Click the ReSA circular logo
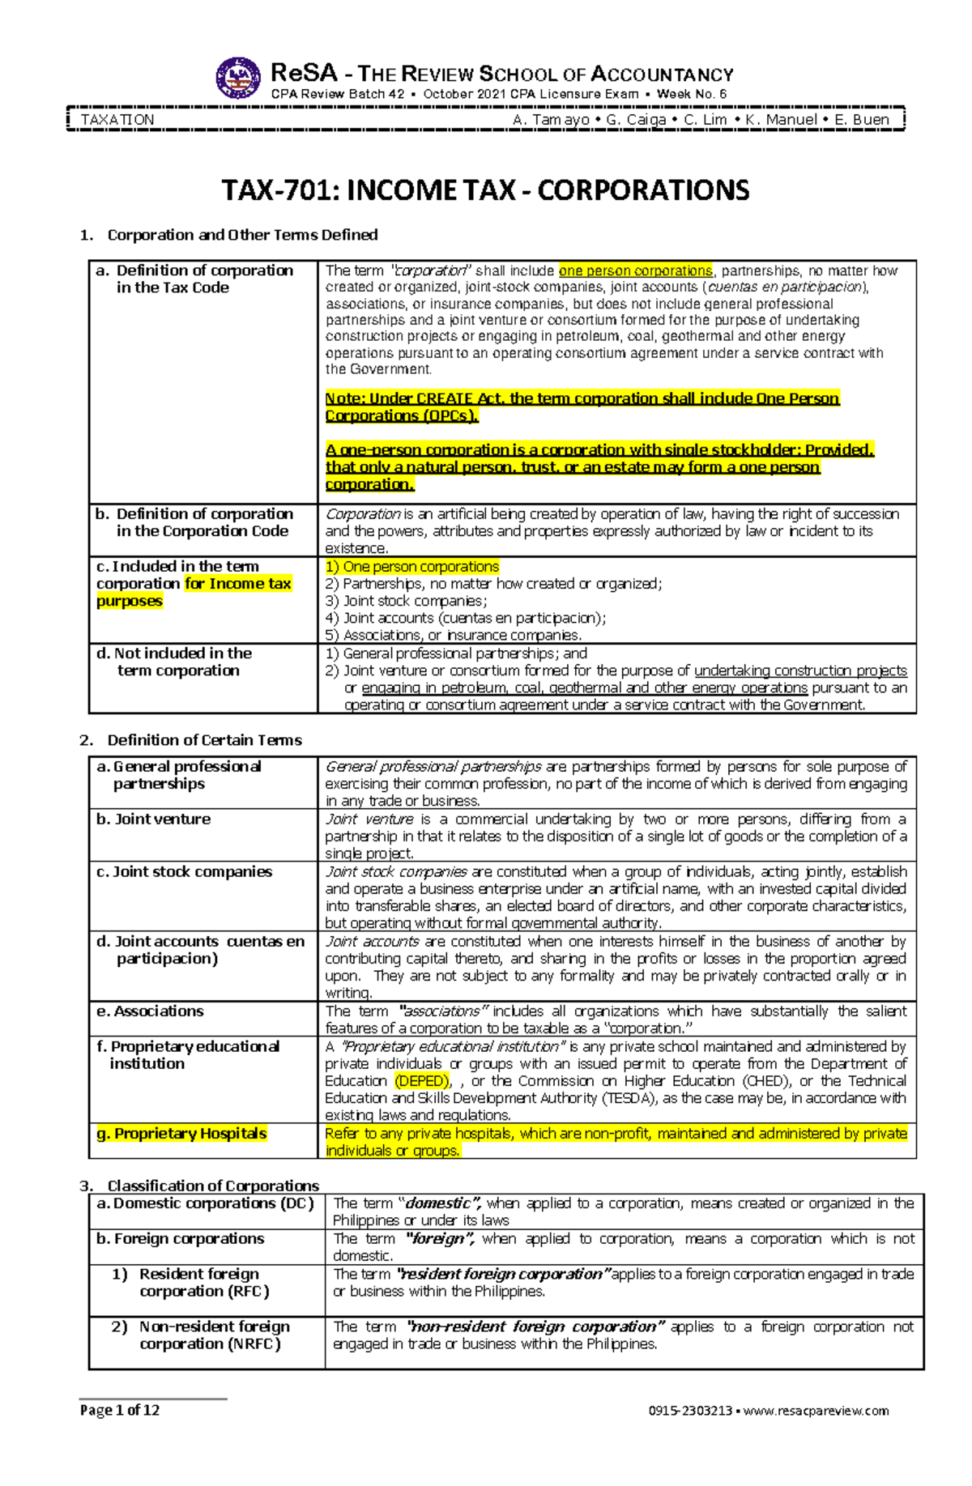238,78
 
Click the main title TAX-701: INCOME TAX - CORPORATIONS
485,191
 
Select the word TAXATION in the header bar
117,120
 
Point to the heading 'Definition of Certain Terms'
204,740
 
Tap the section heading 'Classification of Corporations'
213,1186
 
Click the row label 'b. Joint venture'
153,820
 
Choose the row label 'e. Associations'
150,1011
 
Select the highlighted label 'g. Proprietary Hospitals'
181,1134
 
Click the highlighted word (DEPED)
421,1081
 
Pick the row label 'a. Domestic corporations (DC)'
205,1203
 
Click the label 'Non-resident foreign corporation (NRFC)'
210,1335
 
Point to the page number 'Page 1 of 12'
119,1411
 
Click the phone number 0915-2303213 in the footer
690,1411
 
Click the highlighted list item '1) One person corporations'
412,567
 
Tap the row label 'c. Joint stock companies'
184,872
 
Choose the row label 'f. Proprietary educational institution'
188,1055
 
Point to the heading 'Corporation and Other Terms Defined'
242,235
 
